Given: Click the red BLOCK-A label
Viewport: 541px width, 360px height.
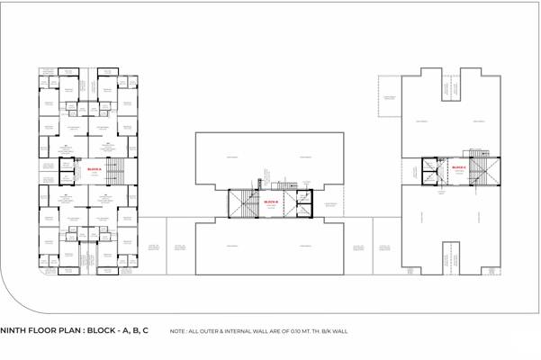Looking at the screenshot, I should click(94, 168).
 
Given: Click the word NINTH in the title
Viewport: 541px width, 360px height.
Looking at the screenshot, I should click(17, 330).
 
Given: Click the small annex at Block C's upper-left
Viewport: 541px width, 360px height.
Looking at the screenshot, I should click(388, 103).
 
